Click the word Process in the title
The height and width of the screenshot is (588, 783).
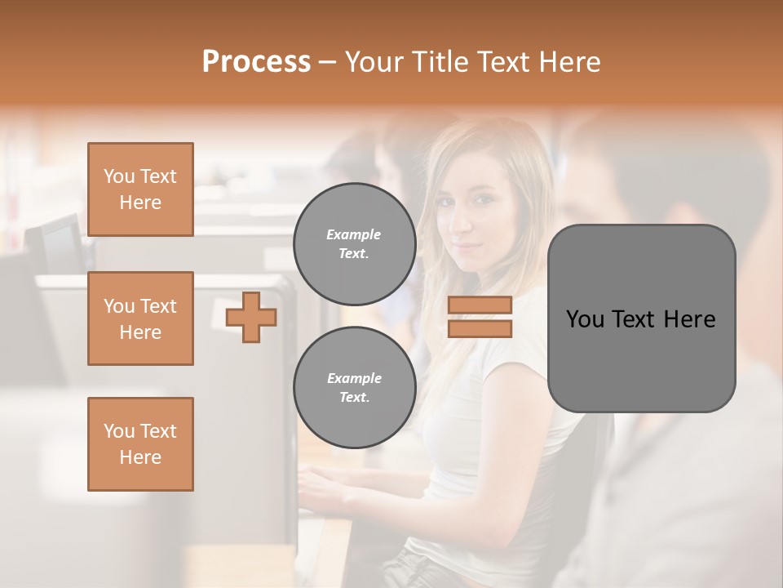point(256,62)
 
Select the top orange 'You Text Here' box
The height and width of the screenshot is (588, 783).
point(140,189)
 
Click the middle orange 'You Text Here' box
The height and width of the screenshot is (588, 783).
point(140,318)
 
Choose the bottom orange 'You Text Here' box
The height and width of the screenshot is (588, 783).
point(140,444)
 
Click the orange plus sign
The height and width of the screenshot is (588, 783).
point(251,317)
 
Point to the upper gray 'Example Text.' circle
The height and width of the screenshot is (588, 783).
point(354,244)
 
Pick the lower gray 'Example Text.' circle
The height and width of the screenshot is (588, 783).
point(354,388)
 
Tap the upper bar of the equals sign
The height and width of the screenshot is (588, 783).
point(480,305)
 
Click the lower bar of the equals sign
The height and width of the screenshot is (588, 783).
point(480,328)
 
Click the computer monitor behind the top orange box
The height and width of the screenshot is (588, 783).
point(57,241)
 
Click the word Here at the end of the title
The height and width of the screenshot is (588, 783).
point(568,62)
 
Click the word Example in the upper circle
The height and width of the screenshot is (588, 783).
point(354,234)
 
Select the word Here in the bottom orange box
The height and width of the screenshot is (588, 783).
point(140,457)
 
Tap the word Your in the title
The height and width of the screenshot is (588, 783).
point(374,62)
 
